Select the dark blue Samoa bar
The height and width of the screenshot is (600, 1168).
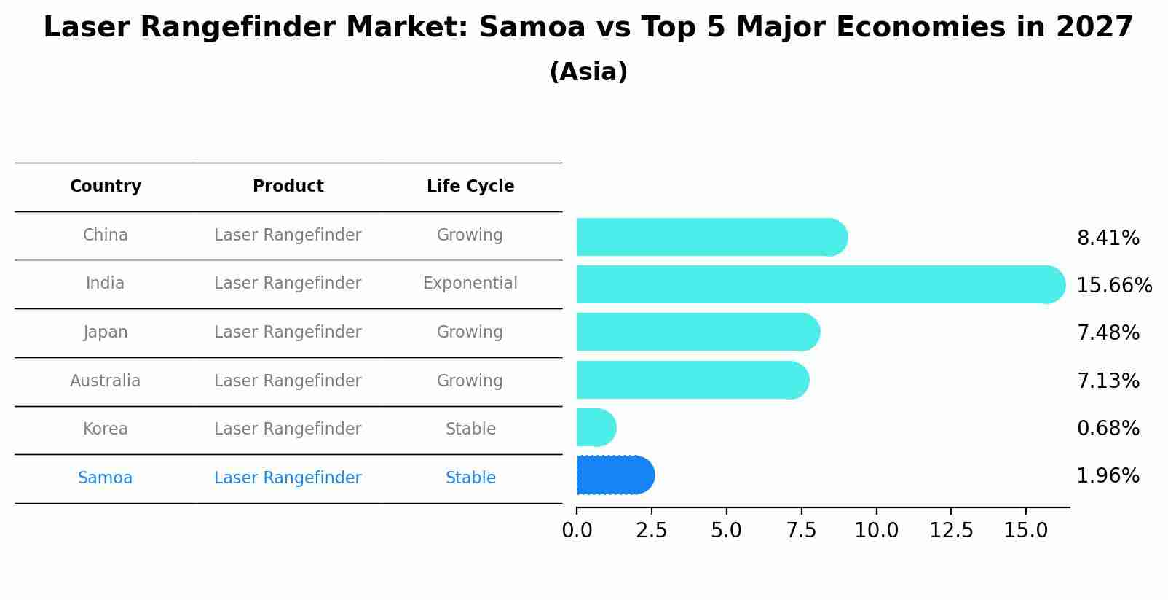tap(614, 475)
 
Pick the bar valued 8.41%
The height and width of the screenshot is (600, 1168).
tap(710, 237)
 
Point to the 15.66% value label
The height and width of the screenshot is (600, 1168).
tap(1113, 286)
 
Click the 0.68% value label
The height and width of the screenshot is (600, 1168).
tap(1108, 429)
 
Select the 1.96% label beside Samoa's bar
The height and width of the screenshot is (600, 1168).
tap(1108, 476)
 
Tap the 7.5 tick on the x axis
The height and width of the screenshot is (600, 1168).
tap(801, 531)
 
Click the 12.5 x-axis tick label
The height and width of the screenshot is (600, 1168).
tap(951, 531)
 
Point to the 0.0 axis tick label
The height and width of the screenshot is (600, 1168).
tap(577, 531)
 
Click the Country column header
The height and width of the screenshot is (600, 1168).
tap(106, 187)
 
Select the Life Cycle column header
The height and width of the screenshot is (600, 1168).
tap(470, 187)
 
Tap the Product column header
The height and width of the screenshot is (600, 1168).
tap(288, 187)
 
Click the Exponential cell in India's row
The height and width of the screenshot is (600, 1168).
tap(470, 284)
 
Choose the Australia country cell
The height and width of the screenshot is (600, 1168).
tap(106, 381)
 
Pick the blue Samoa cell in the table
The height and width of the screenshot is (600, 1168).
tap(106, 478)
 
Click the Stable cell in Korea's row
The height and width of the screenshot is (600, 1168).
tap(470, 429)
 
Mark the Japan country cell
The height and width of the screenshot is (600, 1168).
tap(106, 332)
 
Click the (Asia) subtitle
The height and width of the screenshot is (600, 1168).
tap(588, 72)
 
